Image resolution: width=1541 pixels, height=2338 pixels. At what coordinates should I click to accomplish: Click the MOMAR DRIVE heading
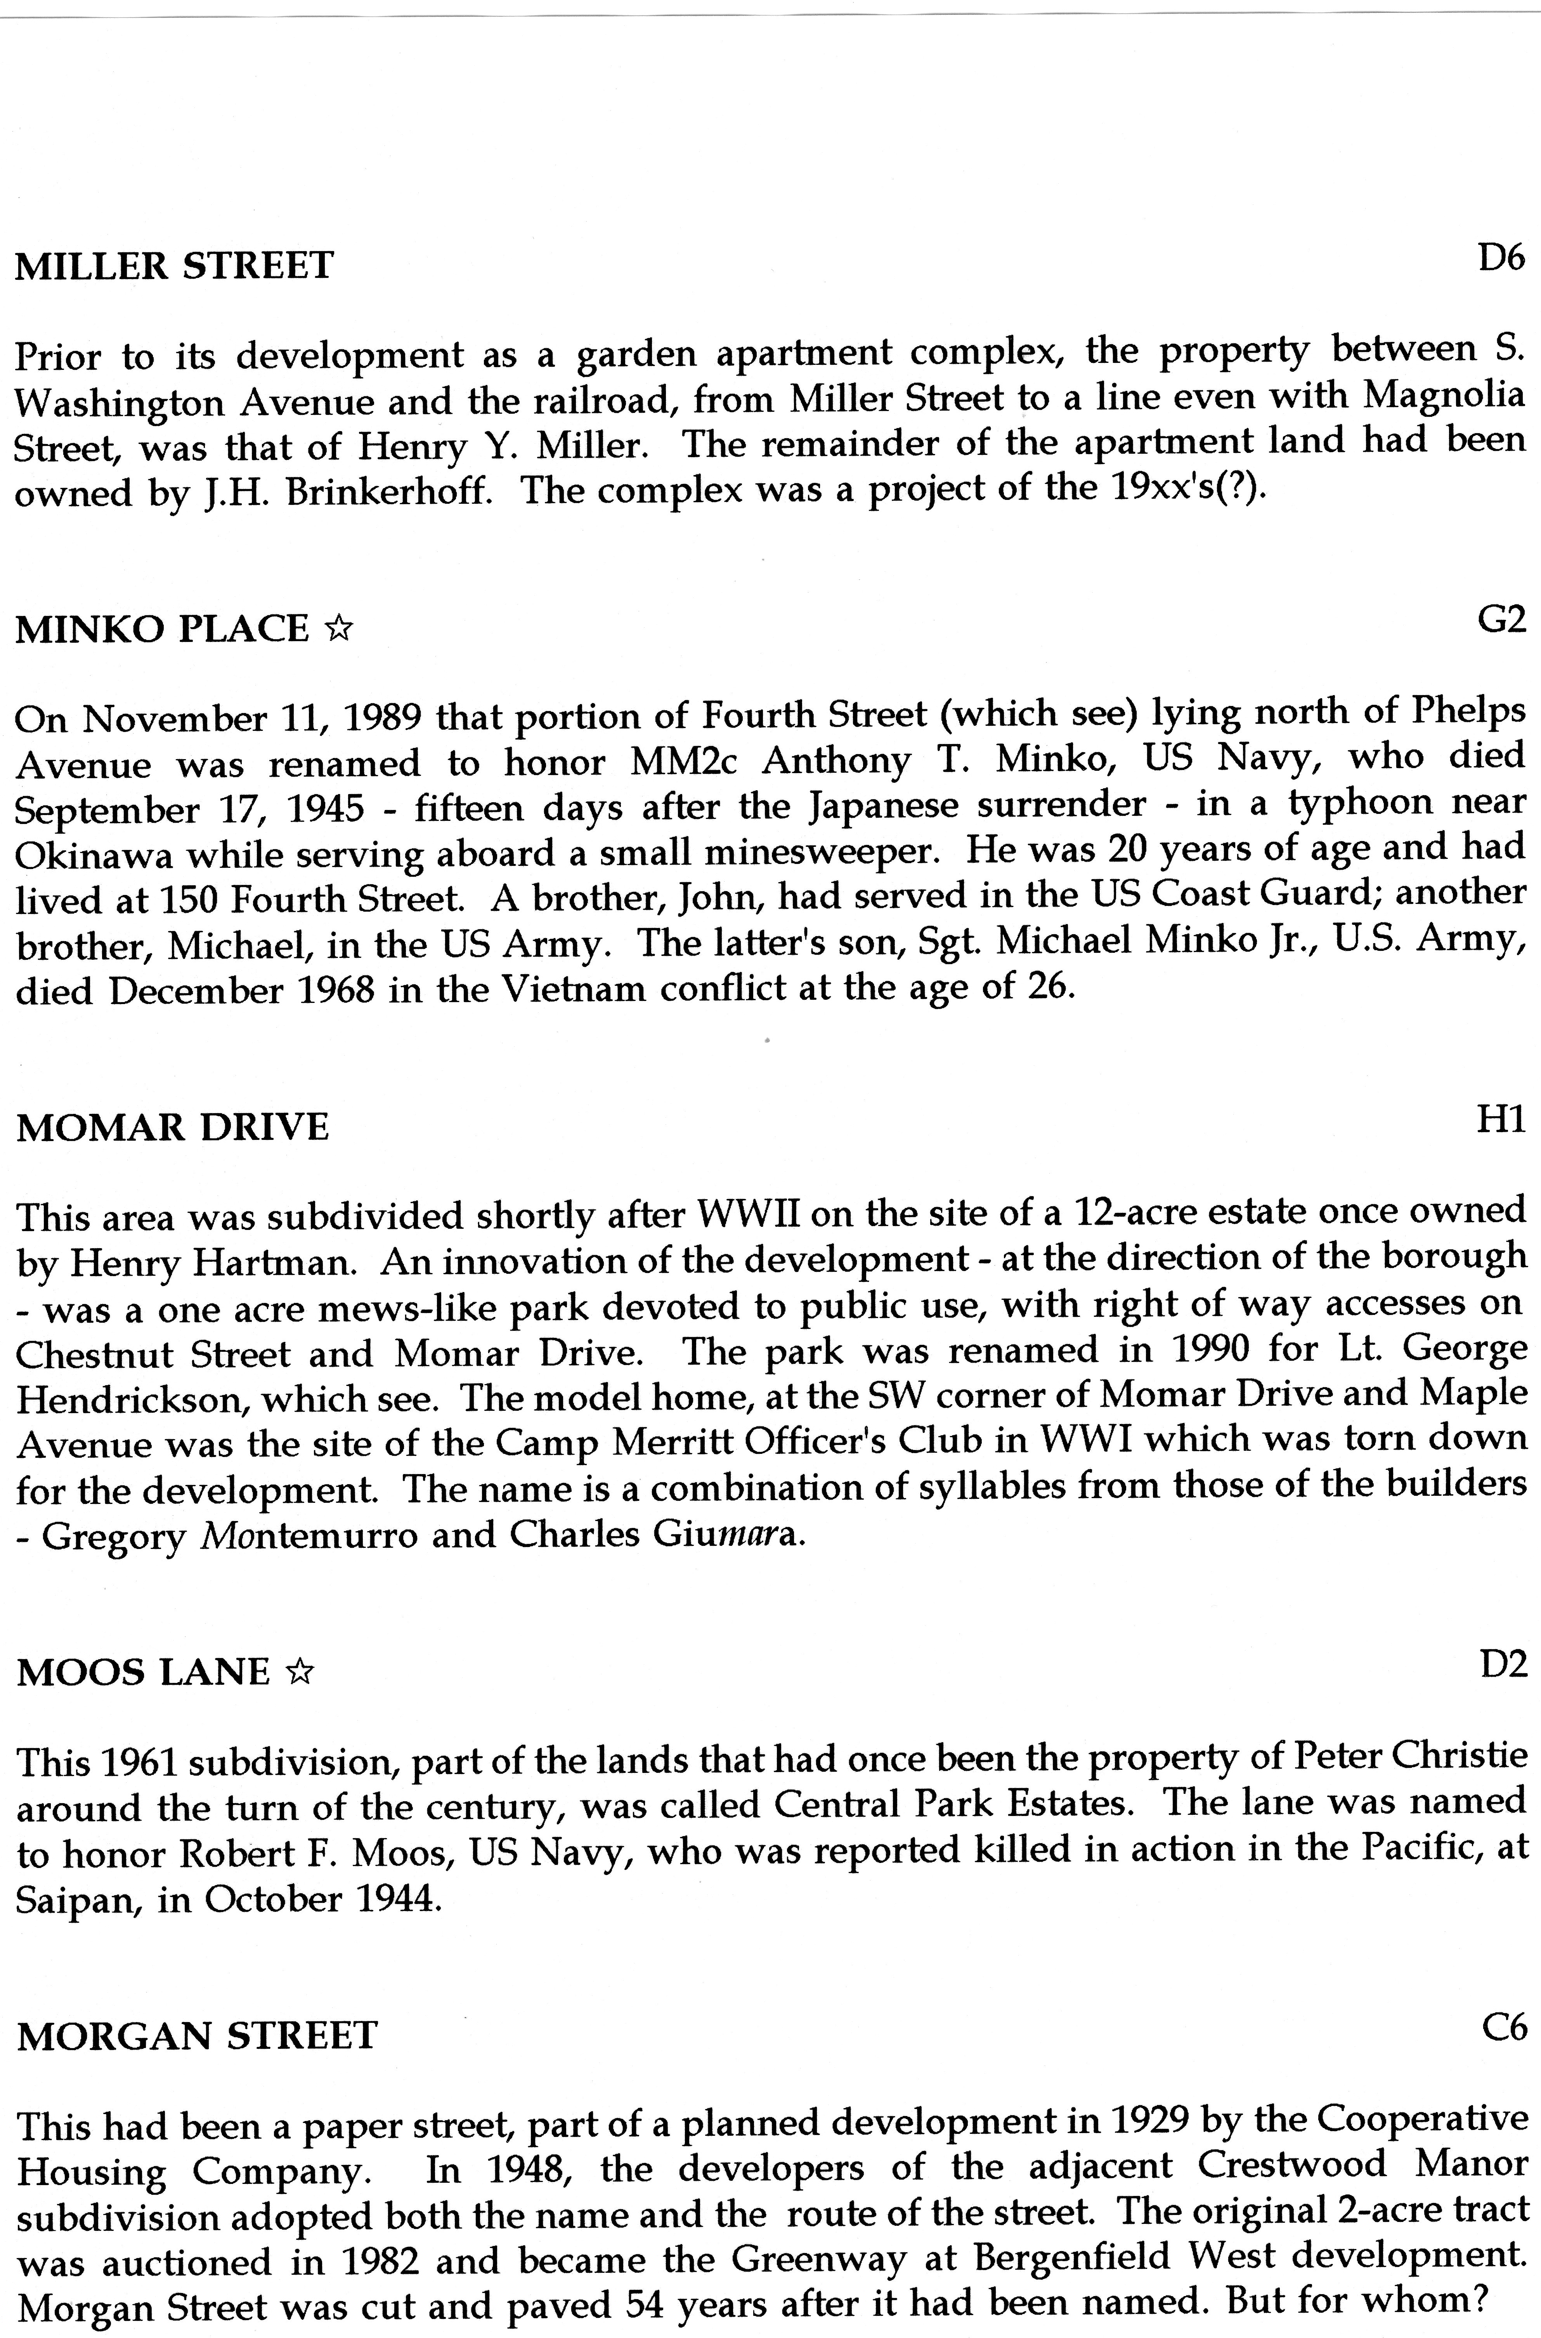tap(173, 1126)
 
